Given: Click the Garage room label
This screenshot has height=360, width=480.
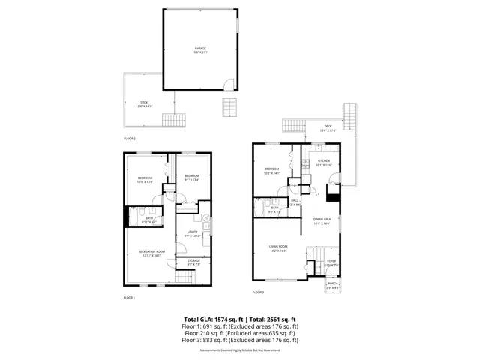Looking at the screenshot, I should coord(200,50).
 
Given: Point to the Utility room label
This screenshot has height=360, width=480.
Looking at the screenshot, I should coord(192,234).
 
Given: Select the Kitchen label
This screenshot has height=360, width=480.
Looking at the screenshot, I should coord(323,162).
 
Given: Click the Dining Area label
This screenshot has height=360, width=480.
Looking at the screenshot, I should coord(322,220).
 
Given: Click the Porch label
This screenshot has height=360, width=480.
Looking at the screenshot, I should coord(332,284).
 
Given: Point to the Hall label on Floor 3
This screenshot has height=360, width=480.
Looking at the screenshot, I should coord(295,201).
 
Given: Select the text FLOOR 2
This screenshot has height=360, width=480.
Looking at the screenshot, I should coord(130,139).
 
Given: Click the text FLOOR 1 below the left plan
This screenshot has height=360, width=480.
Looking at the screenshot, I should coord(129,298).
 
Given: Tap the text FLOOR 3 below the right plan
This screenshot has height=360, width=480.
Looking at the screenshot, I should coord(258,291).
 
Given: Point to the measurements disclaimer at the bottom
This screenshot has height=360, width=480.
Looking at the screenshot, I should coord(239,350).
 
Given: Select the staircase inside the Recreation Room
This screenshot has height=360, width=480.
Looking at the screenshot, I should coord(184,279).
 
